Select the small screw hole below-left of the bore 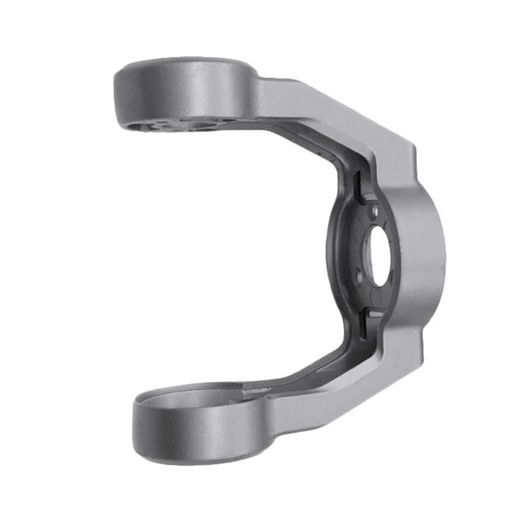[359, 275]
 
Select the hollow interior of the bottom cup [192, 399]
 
